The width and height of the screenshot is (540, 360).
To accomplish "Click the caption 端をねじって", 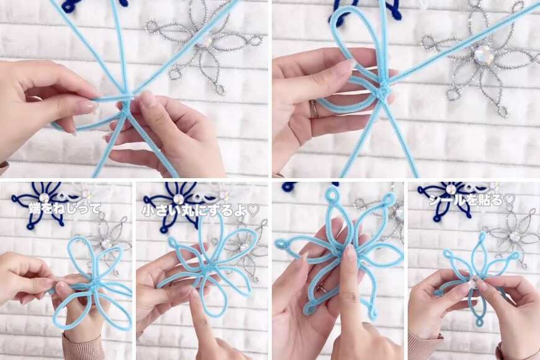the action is [x=65, y=209].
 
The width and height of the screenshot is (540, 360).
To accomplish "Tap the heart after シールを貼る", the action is [x=510, y=200].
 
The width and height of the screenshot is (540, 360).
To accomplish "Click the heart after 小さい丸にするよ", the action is [x=253, y=211].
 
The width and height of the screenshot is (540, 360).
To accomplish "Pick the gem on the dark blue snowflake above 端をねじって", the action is [x=44, y=197].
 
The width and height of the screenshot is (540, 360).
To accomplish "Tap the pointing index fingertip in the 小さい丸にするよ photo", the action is [x=196, y=295].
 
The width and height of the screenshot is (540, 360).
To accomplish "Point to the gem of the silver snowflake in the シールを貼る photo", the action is [x=515, y=236].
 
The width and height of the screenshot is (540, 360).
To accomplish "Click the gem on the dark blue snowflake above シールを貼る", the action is [x=451, y=189].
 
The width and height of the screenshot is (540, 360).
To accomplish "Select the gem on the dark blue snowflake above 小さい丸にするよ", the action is [x=178, y=199].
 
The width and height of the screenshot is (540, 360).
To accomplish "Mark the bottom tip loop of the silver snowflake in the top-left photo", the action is [x=220, y=89].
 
